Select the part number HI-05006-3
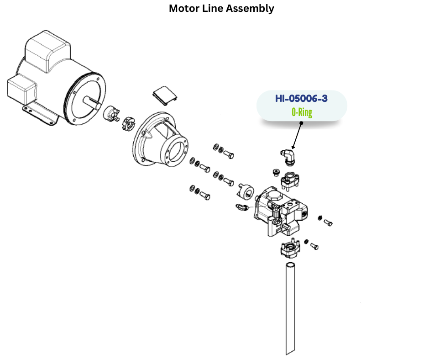(x=301, y=98)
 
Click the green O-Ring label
(x=302, y=112)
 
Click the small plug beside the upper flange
(x=275, y=172)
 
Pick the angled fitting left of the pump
(x=242, y=208)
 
